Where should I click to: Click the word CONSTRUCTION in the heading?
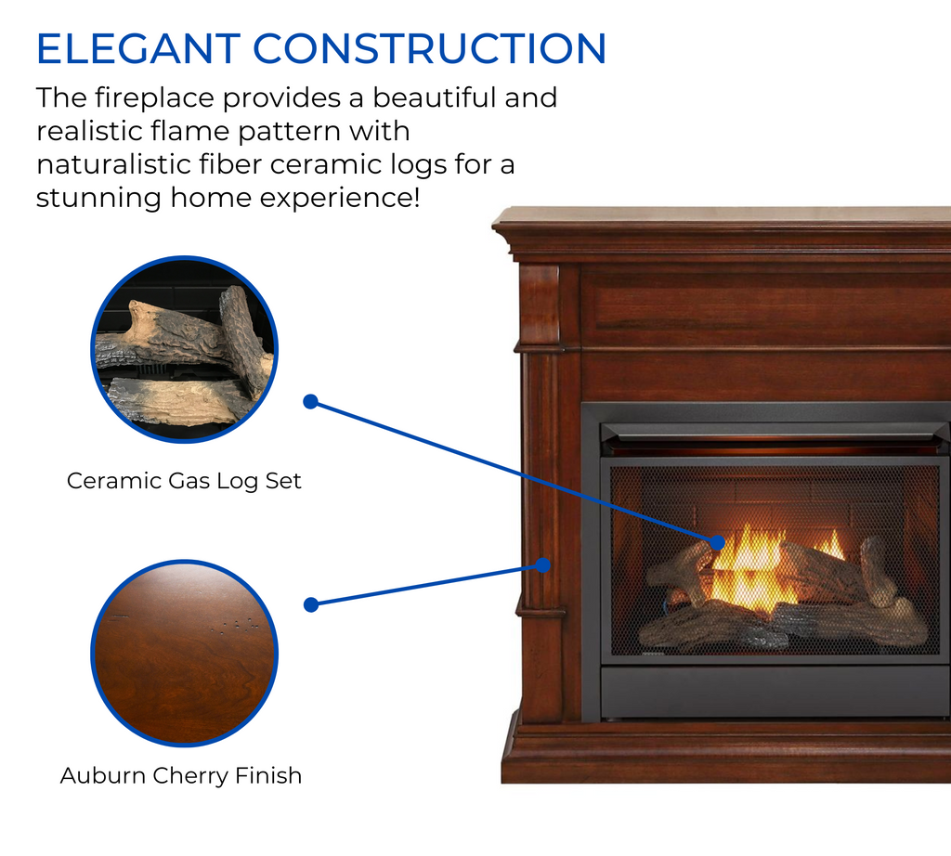point(429,49)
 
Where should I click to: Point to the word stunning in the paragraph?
point(101,198)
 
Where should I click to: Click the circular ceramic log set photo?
point(184,349)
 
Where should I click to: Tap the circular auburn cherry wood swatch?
point(184,653)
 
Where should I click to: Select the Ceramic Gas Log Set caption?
point(184,481)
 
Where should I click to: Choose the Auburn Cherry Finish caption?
point(181,775)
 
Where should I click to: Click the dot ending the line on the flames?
point(718,541)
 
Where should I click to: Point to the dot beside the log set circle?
point(311,402)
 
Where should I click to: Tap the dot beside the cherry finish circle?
point(311,604)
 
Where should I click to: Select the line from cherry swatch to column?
point(427,585)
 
